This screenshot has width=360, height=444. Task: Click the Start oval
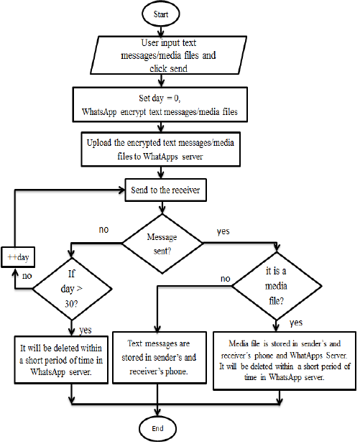(160, 14)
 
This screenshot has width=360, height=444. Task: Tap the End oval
(157, 428)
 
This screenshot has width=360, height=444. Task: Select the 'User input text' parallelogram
(168, 55)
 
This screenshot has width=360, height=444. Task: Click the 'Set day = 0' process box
(160, 104)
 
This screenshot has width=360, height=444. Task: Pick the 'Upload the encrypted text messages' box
(160, 149)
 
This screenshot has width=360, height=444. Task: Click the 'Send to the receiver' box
(166, 190)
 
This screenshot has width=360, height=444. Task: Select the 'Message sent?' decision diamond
(162, 244)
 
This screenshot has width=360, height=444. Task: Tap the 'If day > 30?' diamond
(72, 289)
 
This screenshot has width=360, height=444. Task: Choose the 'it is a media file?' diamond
(277, 286)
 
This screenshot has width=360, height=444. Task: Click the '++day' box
(18, 257)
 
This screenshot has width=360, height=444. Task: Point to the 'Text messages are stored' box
(160, 358)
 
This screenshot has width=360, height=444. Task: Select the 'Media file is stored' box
(285, 361)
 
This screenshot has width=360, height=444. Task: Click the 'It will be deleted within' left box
(61, 360)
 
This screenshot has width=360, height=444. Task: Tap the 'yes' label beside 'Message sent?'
(223, 231)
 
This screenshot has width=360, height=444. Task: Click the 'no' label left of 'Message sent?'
(103, 229)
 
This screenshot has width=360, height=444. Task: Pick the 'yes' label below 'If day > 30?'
(86, 330)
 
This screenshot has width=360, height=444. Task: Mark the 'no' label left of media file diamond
(226, 279)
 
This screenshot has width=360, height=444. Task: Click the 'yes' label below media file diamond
(296, 323)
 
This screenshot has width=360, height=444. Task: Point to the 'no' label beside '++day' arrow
(27, 276)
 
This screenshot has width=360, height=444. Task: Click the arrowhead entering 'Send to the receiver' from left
(122, 190)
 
